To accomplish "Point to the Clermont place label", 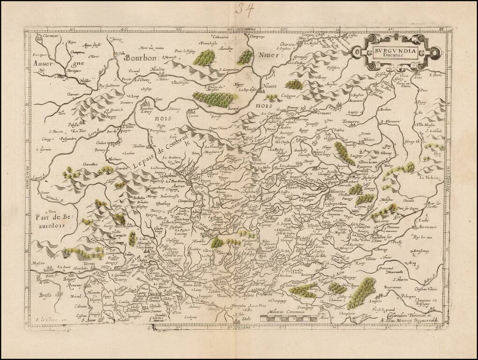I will pyautogui.click(x=50, y=36).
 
